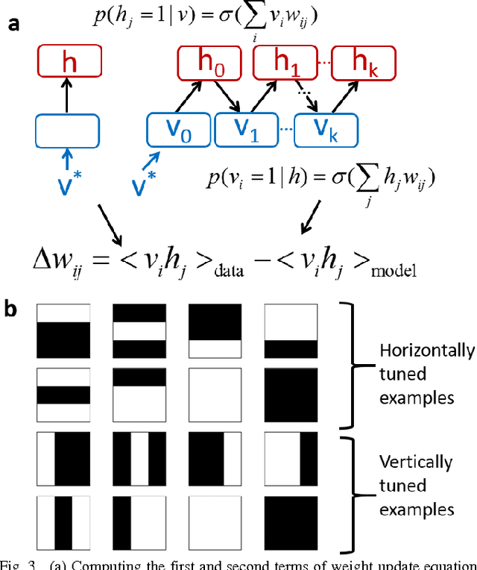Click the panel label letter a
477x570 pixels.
tap(14, 24)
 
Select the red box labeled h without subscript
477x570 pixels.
tap(68, 64)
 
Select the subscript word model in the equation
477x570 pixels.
tap(395, 272)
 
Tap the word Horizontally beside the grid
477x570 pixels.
tap(426, 351)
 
